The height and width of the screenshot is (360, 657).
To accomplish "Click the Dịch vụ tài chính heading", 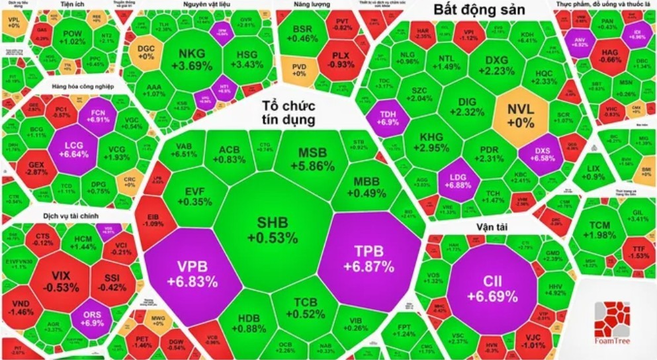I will [x=45, y=216].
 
